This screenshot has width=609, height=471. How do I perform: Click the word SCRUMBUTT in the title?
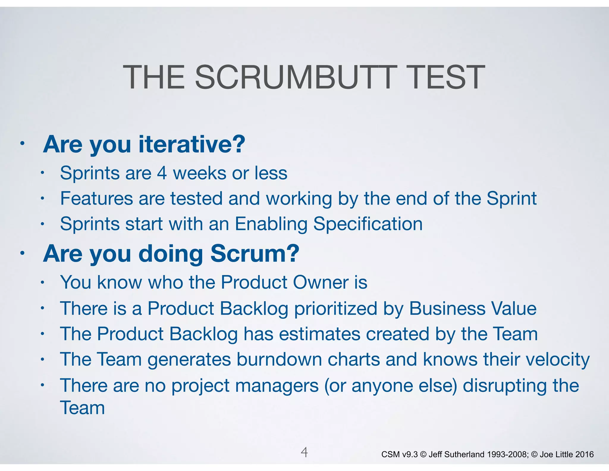pos(296,77)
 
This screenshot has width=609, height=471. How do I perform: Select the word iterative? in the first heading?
pos(192,144)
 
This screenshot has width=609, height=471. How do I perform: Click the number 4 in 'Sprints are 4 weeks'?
pos(162,173)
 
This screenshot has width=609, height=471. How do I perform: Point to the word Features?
pos(96,198)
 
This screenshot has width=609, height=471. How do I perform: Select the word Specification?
pos(368,224)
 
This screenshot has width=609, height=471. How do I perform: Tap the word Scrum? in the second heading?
pos(255,254)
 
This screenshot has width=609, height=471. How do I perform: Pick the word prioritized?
pos(336,308)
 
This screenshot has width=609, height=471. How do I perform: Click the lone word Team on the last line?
pos(82,408)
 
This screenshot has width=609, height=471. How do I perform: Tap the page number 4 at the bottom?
pos(304,452)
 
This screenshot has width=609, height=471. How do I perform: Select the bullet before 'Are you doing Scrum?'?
pos(22,254)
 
